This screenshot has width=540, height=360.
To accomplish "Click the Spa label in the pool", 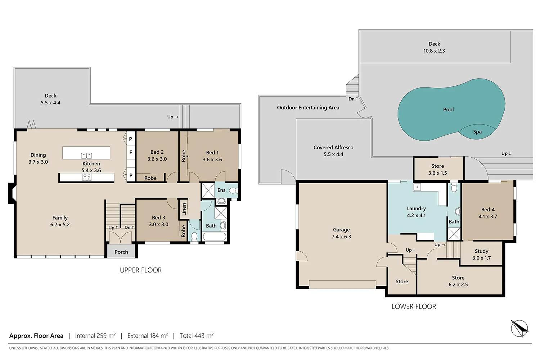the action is coord(477,132).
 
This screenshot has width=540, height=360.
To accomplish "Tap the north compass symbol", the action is coord(519,328).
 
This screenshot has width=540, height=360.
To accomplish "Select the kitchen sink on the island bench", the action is coord(86,156).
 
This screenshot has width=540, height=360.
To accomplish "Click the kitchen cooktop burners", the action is coord(87,177).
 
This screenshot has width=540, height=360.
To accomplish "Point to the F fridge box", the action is coord(131,152).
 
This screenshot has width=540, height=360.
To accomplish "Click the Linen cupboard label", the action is coord(184,209).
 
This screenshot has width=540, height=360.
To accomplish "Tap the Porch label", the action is coord(121,252).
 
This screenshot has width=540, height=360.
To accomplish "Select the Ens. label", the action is coord(222,190).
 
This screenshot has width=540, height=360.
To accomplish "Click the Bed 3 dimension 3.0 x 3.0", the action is coord(158,225).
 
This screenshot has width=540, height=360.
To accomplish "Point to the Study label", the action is coord(481,251).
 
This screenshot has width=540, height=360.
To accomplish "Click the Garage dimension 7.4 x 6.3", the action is coord(341,237).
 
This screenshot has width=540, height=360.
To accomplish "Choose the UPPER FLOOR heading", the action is coord(141,270).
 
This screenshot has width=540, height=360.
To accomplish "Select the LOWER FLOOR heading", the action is coord(414,306).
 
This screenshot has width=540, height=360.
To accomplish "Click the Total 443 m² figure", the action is coord(197,336).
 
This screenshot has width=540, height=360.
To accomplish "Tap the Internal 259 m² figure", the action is coord(95,336).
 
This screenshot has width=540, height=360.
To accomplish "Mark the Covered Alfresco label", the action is coord(333,148).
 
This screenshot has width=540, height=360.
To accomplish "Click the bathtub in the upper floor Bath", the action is coord(214,237).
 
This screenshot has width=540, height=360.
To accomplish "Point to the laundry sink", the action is coord(417,187).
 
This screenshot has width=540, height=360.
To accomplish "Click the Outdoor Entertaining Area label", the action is coord(308,108).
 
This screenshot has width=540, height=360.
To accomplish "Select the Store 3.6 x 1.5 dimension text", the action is coord(437,173).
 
